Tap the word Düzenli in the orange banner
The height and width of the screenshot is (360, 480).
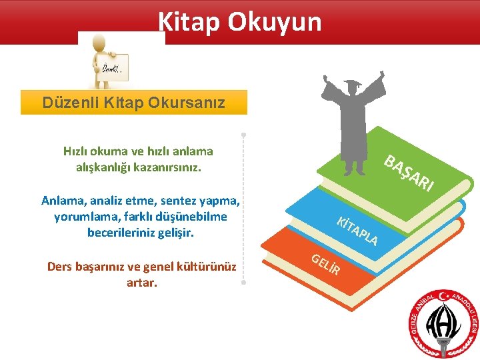[70, 103]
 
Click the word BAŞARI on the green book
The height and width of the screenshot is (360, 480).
[409, 172]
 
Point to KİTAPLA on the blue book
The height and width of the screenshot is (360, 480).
[357, 230]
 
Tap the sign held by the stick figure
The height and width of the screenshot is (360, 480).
[111, 69]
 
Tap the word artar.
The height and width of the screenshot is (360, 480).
[141, 283]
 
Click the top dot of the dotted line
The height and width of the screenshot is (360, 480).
[244, 135]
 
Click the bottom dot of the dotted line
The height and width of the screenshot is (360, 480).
[244, 283]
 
